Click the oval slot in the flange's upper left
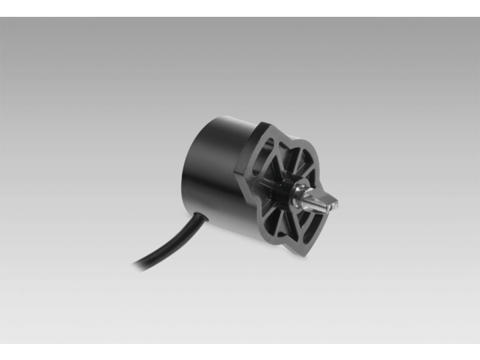268,152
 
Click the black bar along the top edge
240,8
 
